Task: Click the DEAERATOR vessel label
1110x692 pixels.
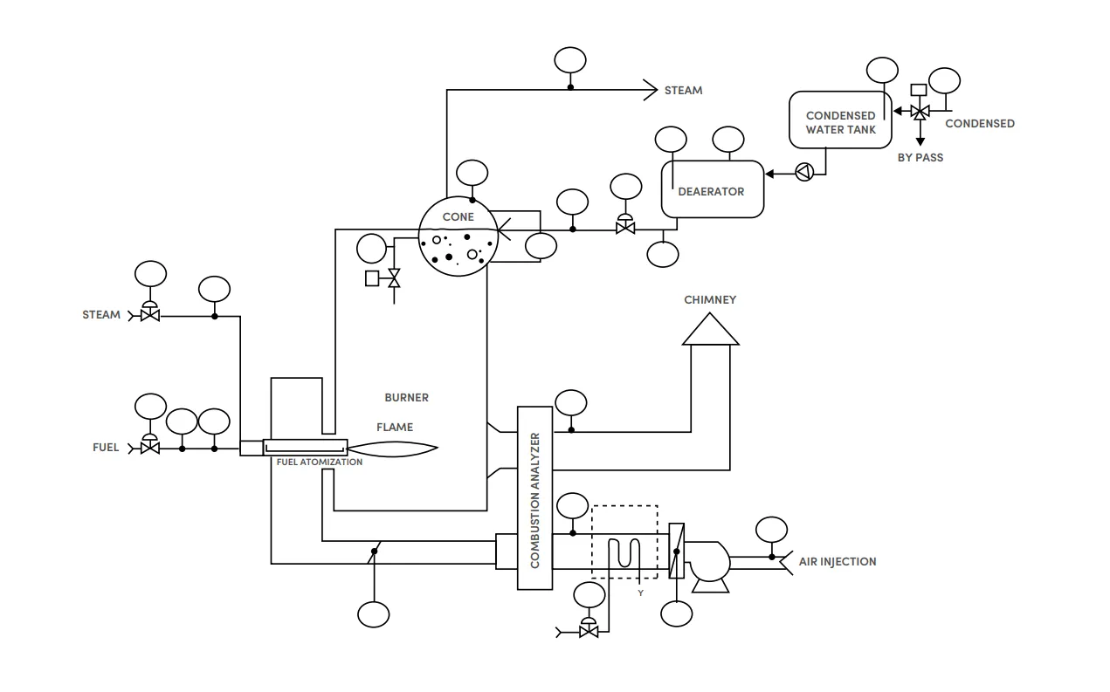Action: (711, 192)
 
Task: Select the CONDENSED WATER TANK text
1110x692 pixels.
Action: (840, 122)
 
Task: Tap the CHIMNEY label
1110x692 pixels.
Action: (710, 299)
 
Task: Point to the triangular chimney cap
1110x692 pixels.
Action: (710, 329)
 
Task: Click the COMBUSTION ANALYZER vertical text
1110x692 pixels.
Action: (534, 500)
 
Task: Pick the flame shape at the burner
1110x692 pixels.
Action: (392, 449)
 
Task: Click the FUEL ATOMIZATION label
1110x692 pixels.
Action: (319, 462)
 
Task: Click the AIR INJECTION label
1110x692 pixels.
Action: (838, 561)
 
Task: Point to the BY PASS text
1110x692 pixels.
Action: (920, 157)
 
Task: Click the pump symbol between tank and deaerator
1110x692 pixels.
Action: (804, 172)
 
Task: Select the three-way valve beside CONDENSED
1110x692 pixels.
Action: (920, 113)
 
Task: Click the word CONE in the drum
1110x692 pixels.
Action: (458, 216)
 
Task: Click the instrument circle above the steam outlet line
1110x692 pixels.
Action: (570, 60)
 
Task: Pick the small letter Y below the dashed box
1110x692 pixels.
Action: (641, 593)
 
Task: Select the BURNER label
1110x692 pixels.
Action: (406, 397)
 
